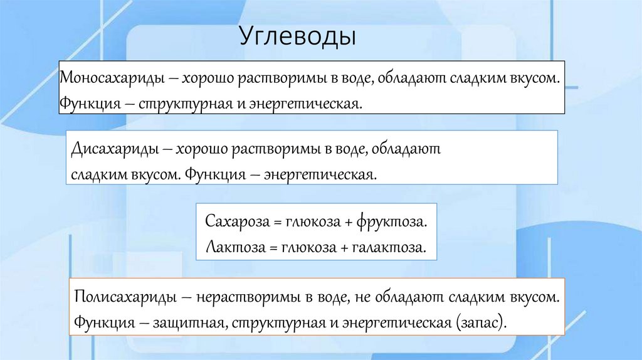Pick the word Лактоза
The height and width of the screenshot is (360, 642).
[229, 248]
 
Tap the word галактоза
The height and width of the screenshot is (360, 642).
[392, 248]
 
